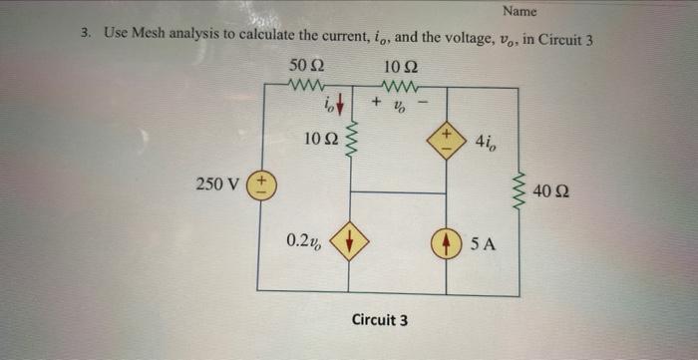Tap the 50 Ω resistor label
pyautogui.click(x=302, y=65)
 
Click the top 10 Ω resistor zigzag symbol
pyautogui.click(x=397, y=87)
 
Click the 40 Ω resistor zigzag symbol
pyautogui.click(x=518, y=188)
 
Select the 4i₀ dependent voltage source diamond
pyautogui.click(x=446, y=139)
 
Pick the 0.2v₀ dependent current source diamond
pyautogui.click(x=350, y=241)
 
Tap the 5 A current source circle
pyautogui.click(x=446, y=241)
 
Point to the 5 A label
pyautogui.click(x=483, y=241)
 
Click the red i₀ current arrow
pyautogui.click(x=341, y=103)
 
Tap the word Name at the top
pyautogui.click(x=520, y=12)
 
